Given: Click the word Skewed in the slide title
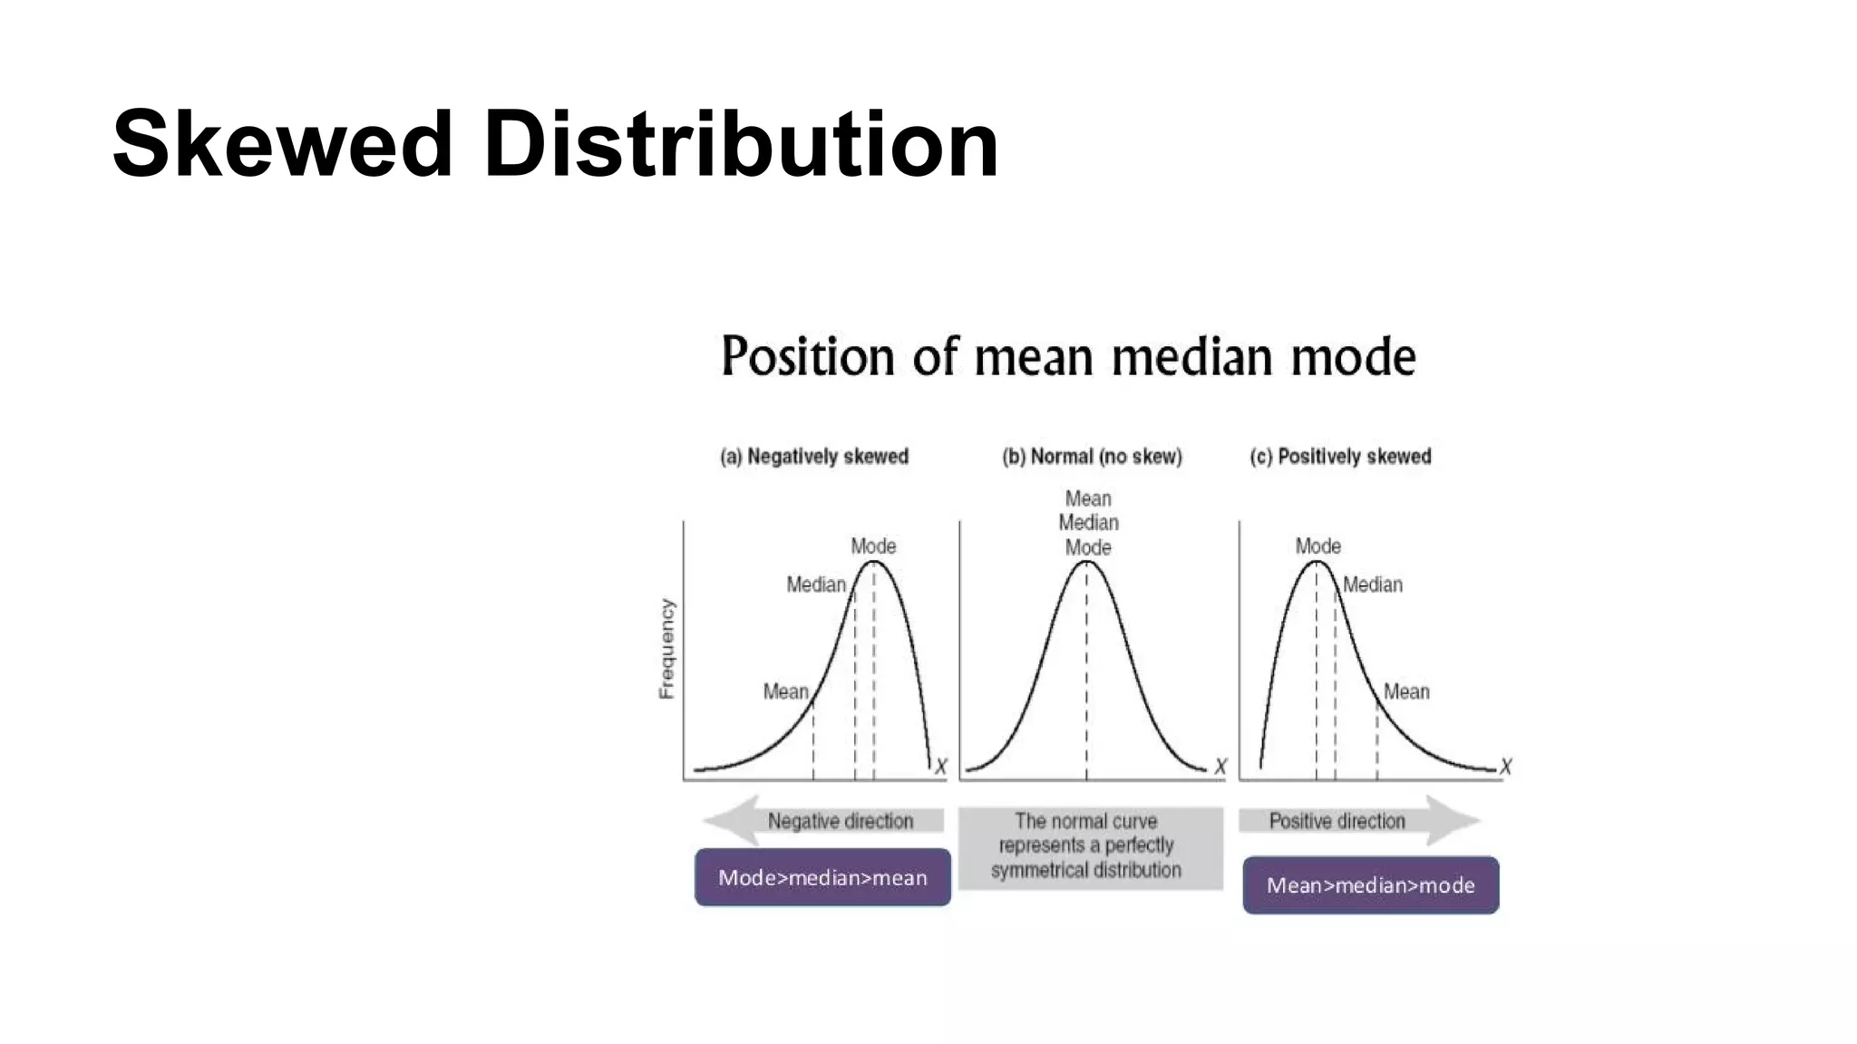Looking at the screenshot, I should tap(282, 145).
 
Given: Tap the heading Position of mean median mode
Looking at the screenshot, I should tap(1067, 356).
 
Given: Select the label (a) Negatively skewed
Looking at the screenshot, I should tap(813, 457).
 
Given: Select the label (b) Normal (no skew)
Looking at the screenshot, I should tap(1092, 457).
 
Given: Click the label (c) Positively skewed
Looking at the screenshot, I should tap(1340, 457).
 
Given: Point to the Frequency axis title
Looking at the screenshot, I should tap(667, 648).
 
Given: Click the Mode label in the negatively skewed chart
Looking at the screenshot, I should tap(872, 546).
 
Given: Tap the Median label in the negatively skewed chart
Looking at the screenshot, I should tap(815, 585).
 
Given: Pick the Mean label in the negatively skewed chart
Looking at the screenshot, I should tap(785, 691).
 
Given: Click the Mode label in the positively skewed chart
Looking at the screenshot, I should tap(1317, 546).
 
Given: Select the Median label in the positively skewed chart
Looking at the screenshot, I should tap(1372, 585).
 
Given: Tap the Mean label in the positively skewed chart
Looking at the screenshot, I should tap(1405, 691).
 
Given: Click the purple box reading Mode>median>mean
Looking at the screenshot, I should tap(822, 877).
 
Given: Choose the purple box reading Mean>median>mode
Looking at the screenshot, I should tap(1370, 885).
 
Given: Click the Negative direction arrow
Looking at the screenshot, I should tap(823, 821).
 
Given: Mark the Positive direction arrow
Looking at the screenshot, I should tap(1357, 821).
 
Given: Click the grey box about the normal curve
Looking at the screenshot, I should tap(1090, 846).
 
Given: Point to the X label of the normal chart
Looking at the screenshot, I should tap(1220, 767).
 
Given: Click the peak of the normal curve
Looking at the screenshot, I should tap(1086, 563).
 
